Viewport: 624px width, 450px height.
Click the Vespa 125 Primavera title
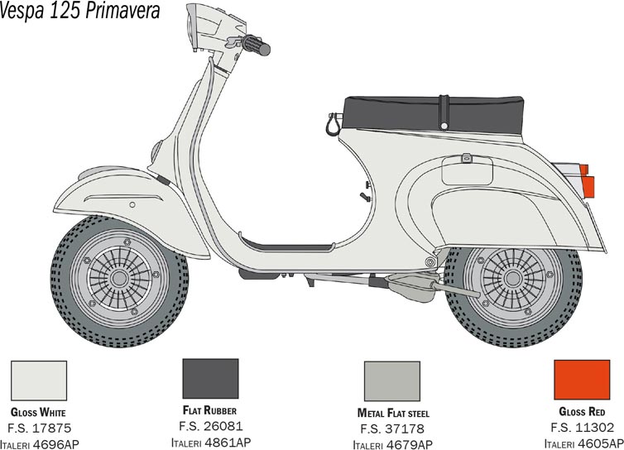(79, 11)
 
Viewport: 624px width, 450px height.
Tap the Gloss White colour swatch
(39, 381)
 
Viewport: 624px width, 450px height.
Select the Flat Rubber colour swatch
(210, 378)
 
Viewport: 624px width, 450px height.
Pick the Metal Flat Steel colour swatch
(392, 381)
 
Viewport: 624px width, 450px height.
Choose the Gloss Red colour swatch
(582, 380)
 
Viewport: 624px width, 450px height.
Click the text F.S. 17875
(39, 428)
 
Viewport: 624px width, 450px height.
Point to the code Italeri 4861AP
(211, 443)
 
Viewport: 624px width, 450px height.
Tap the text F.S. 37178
(392, 429)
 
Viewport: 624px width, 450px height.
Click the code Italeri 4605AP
(583, 443)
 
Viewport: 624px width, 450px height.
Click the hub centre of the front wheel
(119, 278)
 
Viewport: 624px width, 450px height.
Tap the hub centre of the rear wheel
(513, 279)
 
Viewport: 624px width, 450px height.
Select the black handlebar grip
(257, 45)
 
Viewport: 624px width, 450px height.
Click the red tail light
(587, 181)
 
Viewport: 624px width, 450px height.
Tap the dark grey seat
(433, 114)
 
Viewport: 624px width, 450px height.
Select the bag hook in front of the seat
(334, 124)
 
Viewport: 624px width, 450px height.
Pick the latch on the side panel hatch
(467, 158)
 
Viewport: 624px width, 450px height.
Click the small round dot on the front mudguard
(132, 205)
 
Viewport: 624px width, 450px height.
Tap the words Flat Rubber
(209, 410)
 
